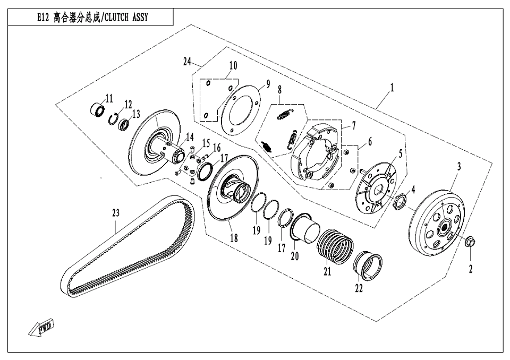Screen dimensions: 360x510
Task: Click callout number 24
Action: [187, 62]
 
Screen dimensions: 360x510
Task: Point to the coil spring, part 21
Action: [336, 246]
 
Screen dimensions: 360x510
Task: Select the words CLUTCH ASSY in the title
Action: [126, 18]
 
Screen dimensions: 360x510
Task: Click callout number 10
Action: [233, 65]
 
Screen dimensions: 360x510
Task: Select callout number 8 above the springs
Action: [279, 91]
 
